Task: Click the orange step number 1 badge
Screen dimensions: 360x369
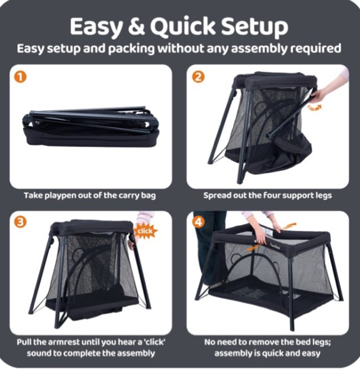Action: tap(20, 77)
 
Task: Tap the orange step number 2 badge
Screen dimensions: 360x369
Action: tap(198, 77)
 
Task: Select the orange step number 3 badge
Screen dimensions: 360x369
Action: tap(20, 222)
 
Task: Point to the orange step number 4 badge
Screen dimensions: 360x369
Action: tap(198, 222)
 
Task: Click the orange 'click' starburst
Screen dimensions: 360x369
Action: tap(145, 231)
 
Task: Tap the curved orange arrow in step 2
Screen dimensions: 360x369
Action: tap(314, 108)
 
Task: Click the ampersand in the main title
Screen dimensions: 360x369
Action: tap(136, 26)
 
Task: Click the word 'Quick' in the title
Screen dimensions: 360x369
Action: tap(183, 27)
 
